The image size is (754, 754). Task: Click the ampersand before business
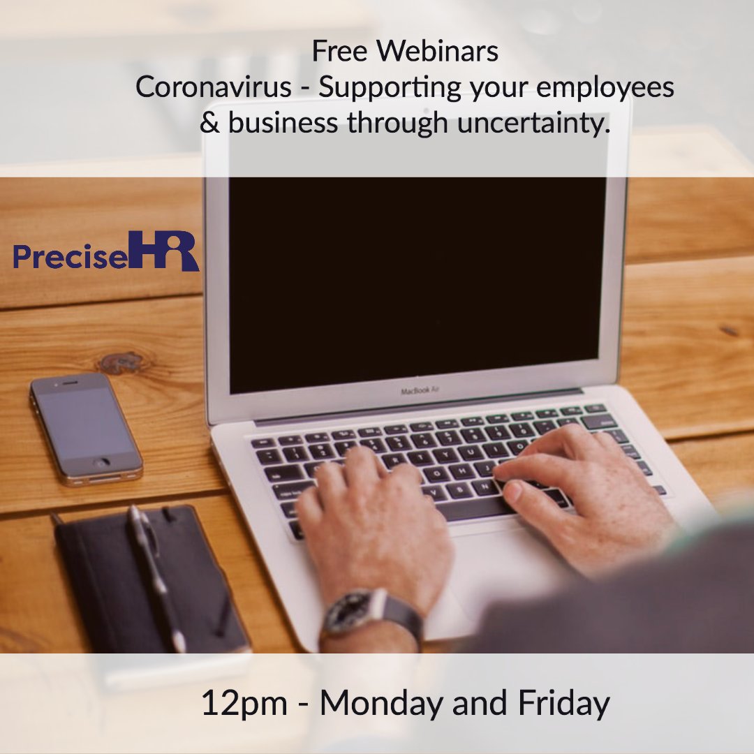coord(209,124)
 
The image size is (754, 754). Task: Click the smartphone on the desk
coord(85,427)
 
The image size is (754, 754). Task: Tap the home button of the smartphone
coord(102,463)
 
